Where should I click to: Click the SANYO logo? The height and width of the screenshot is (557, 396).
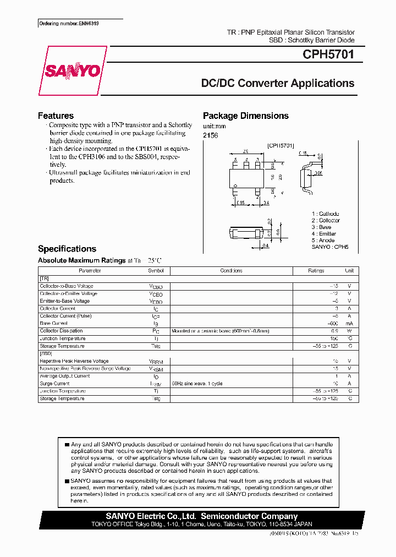[73, 71]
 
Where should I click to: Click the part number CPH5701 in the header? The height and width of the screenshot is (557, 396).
[328, 55]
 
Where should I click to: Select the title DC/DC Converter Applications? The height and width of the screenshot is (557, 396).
[278, 84]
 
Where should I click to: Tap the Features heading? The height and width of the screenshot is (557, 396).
[56, 116]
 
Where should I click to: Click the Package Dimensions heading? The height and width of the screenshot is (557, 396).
[245, 116]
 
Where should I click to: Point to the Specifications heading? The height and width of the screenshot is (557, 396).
[67, 249]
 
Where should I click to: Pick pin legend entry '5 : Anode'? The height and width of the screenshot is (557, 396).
[323, 241]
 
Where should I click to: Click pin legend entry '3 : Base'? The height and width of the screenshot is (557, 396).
[321, 227]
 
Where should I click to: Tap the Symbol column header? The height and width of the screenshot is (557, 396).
[156, 271]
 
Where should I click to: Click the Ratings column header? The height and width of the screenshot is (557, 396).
[316, 271]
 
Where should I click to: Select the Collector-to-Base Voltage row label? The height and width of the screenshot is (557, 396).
[67, 286]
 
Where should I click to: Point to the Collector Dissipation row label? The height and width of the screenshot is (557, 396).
[61, 331]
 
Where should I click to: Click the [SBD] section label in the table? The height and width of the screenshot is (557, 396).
[46, 353]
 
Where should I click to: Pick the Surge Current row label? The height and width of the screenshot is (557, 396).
[54, 383]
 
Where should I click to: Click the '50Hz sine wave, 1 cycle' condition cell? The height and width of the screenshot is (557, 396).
[197, 383]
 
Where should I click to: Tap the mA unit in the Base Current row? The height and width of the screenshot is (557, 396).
[349, 324]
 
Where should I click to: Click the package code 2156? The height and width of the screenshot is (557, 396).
[210, 135]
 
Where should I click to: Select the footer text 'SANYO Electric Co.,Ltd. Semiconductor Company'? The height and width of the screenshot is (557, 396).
[201, 516]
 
